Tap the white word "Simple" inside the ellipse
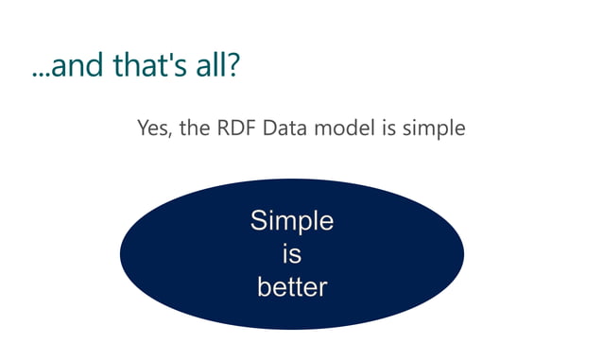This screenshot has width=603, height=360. click(291, 223)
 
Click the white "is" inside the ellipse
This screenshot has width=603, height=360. click(291, 254)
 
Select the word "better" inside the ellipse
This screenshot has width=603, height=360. click(291, 286)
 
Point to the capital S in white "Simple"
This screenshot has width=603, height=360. click(259, 221)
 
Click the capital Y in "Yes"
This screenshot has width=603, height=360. click(143, 128)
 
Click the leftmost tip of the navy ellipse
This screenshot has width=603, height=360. click(121, 254)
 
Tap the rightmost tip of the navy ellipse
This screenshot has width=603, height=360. click(463, 254)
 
